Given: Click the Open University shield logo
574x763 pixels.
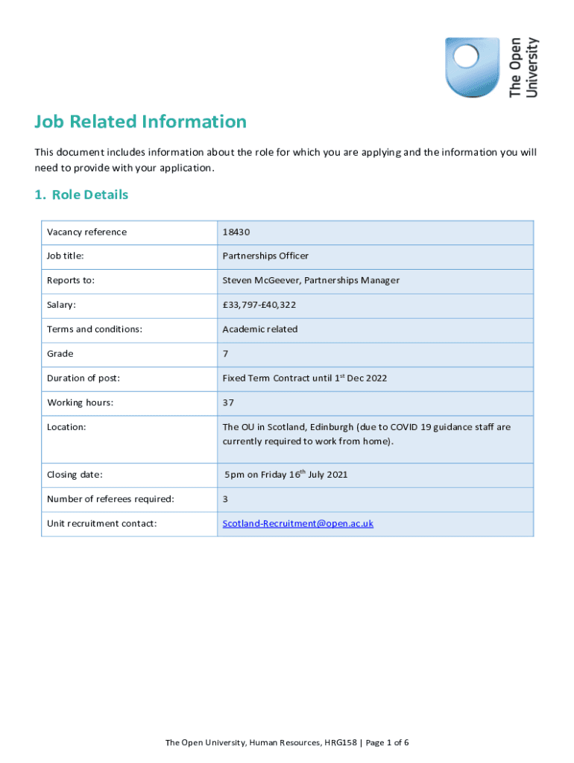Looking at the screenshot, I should [472, 66].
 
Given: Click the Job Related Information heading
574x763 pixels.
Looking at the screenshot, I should [140, 121].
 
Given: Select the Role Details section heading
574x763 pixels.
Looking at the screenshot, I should [81, 194].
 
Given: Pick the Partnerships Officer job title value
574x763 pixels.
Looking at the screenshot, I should [265, 256].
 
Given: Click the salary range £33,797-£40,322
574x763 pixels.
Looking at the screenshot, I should [259, 305].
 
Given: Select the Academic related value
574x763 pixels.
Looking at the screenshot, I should [259, 329].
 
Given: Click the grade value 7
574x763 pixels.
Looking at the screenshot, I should [225, 354].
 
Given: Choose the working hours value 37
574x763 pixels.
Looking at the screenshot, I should [228, 402].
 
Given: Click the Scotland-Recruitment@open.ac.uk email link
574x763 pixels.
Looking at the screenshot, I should [297, 523].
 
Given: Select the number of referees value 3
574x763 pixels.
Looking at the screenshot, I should [225, 499].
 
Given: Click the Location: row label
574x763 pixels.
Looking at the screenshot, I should [66, 427].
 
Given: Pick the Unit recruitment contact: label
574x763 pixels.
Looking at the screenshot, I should [101, 523].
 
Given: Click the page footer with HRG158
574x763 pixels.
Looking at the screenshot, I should [287, 742].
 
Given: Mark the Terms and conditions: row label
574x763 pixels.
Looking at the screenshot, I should [95, 329].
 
